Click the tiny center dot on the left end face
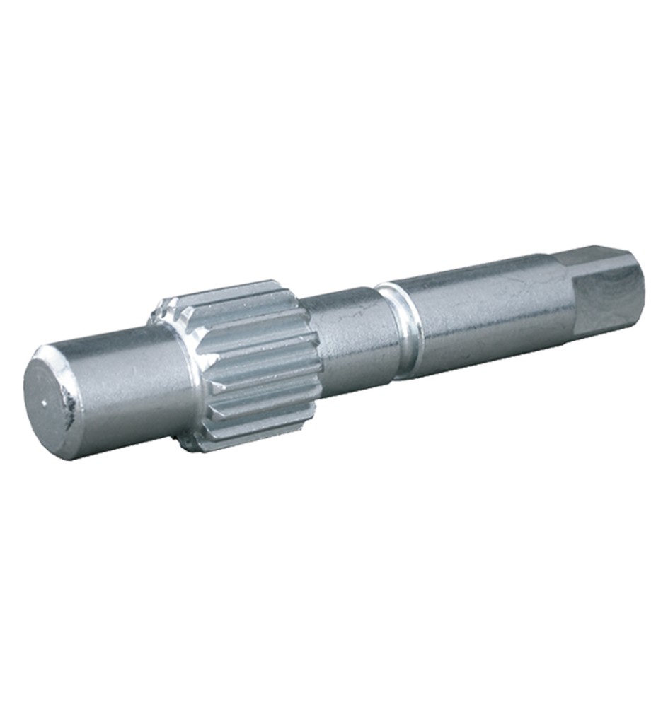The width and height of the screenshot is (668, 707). coord(45,404)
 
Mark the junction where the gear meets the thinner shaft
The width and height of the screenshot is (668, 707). coord(311,346)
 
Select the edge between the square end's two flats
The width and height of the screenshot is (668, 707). coord(601,267)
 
